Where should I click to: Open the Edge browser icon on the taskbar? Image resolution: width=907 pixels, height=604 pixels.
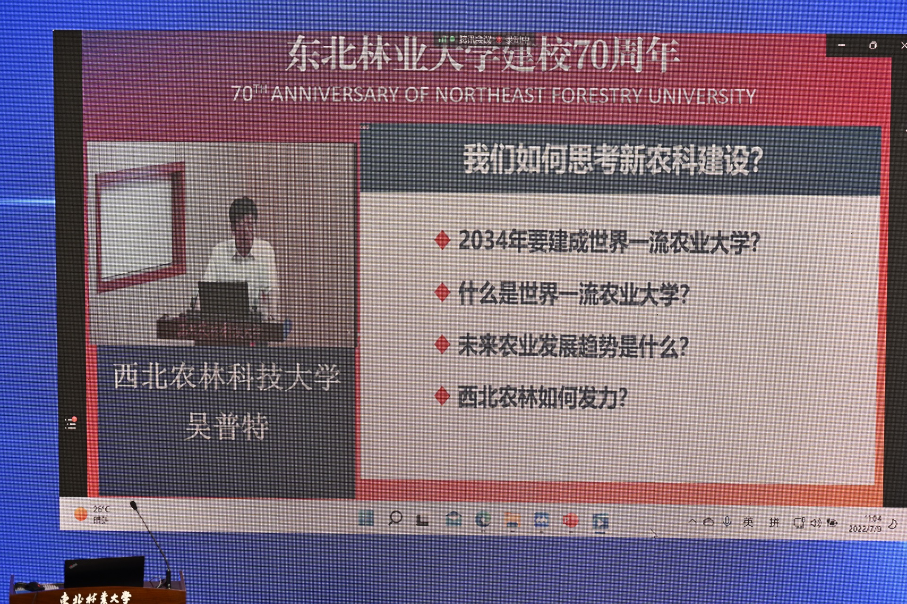click(483, 520)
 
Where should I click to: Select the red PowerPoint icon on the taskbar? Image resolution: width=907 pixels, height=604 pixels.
click(571, 521)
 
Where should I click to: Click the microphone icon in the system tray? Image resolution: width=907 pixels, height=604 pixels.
click(727, 521)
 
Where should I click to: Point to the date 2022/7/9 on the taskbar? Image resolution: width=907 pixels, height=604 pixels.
click(864, 529)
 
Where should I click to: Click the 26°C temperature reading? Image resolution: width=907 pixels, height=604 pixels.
click(102, 509)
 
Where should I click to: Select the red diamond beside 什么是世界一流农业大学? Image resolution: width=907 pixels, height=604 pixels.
click(442, 293)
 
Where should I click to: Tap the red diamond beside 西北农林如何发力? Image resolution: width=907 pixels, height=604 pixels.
click(442, 396)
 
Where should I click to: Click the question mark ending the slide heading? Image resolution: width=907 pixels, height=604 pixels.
click(755, 160)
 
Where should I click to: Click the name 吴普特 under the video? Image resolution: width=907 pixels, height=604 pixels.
click(227, 426)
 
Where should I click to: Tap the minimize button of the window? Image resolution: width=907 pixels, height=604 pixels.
click(842, 45)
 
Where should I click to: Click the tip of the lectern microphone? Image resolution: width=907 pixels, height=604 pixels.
click(134, 505)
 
